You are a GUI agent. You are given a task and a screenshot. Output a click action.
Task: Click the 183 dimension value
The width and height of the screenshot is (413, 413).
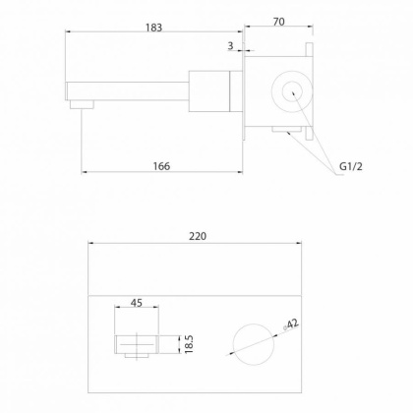pyautogui.click(x=153, y=28)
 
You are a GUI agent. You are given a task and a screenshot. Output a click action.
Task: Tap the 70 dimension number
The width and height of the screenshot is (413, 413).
pyautogui.click(x=278, y=22)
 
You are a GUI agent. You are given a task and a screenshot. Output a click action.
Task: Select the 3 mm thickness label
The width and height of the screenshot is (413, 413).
pyautogui.click(x=230, y=46)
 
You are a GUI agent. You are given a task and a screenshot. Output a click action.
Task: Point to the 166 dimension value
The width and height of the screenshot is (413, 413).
pyautogui.click(x=161, y=166)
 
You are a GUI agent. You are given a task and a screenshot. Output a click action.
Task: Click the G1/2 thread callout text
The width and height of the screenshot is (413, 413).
pyautogui.click(x=351, y=166)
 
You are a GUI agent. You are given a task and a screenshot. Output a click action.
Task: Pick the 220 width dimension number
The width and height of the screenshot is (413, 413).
pyautogui.click(x=198, y=236)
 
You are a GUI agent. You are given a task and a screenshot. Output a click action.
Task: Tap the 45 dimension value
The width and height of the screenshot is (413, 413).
pyautogui.click(x=137, y=303)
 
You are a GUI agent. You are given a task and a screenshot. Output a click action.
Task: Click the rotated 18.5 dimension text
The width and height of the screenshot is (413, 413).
pyautogui.click(x=189, y=344)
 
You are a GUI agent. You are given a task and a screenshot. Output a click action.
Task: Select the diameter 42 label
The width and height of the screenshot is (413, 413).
pyautogui.click(x=291, y=324)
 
